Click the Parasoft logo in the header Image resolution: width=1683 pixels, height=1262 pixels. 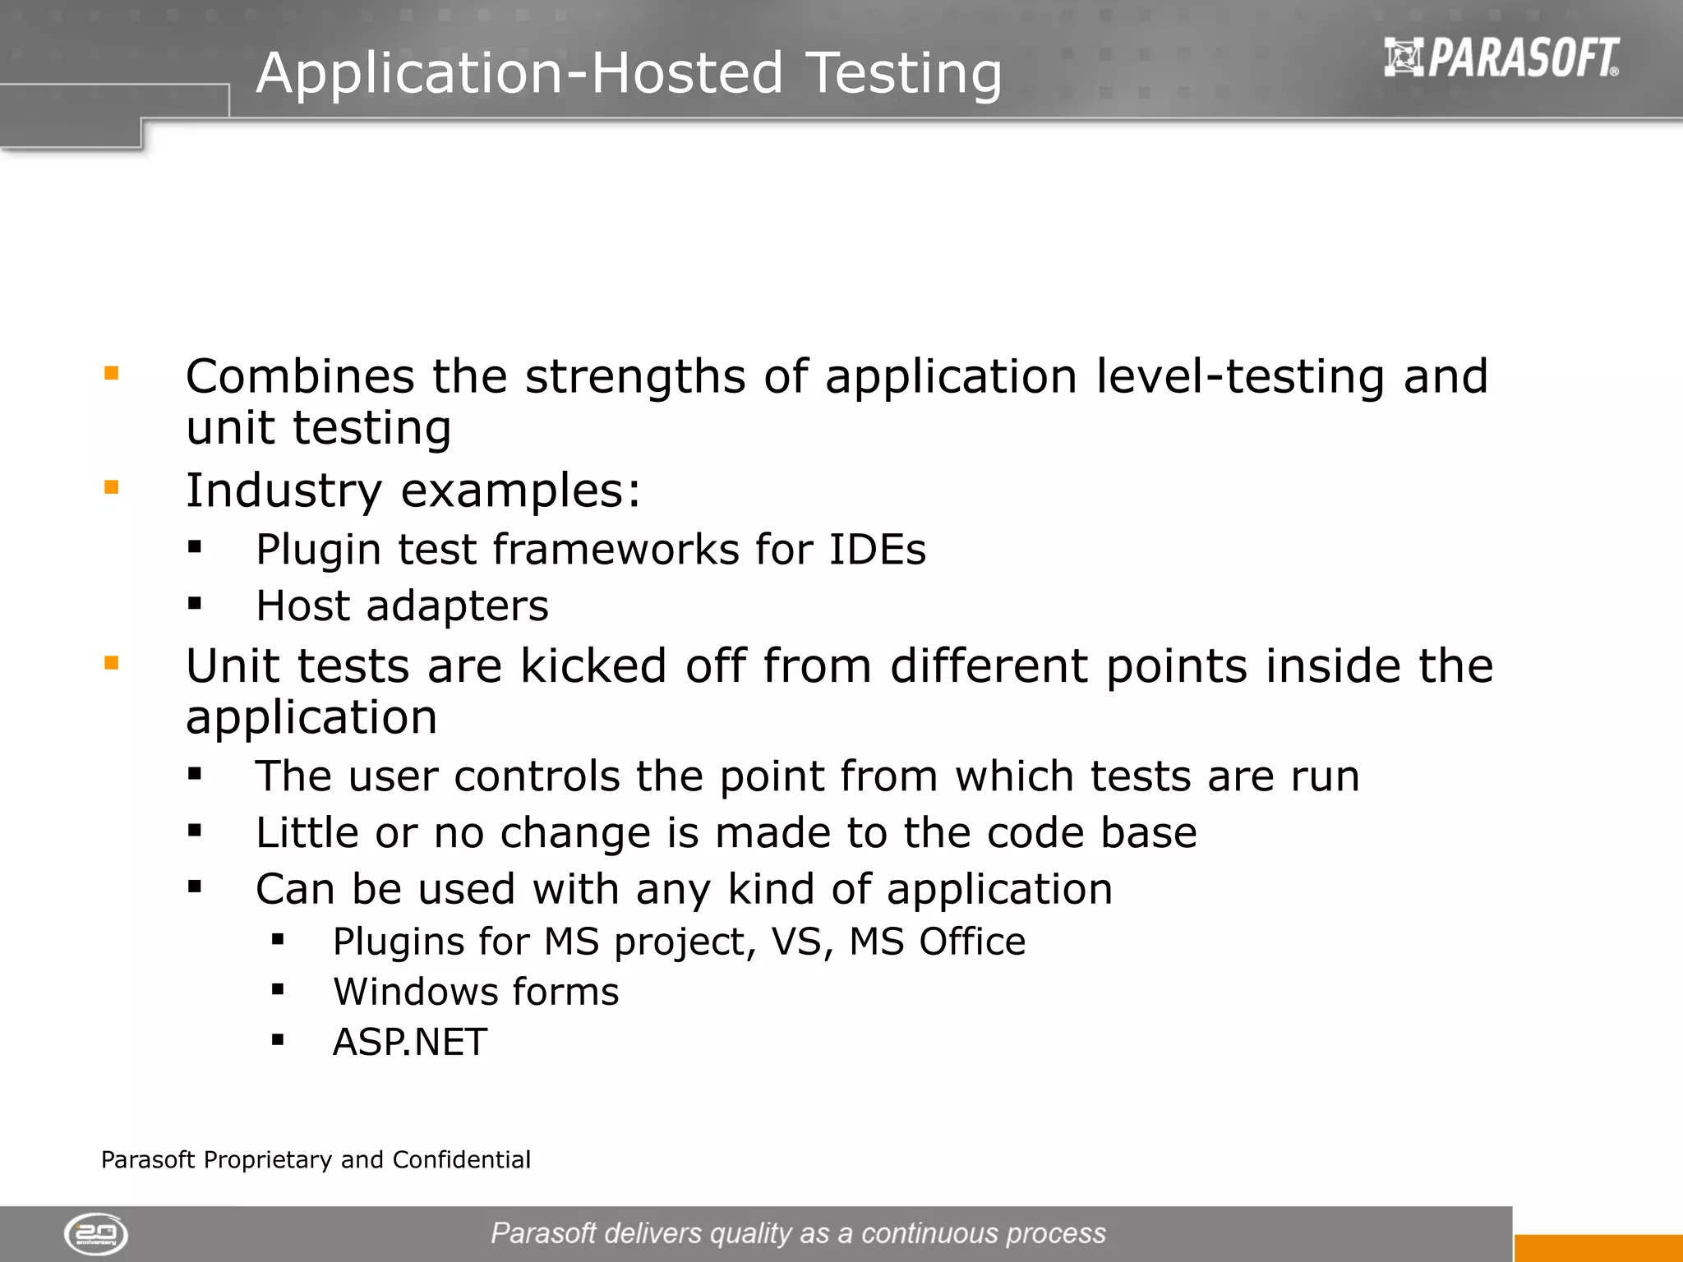tap(1501, 58)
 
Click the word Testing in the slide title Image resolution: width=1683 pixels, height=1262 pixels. tap(903, 74)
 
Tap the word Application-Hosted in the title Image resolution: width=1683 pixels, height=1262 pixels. tap(519, 74)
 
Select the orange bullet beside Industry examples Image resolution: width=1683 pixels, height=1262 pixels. tap(112, 488)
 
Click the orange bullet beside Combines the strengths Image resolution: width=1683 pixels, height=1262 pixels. tap(112, 375)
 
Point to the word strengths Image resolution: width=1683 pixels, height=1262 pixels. tap(634, 378)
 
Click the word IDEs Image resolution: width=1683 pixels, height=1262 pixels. tap(877, 550)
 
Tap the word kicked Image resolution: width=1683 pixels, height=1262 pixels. tap(593, 666)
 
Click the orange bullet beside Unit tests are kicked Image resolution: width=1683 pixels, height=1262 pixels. tap(112, 663)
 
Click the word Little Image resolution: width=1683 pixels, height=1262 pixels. tap(307, 832)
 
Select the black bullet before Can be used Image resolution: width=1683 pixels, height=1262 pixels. tap(195, 887)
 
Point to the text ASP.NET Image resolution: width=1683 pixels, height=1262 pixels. tap(409, 1042)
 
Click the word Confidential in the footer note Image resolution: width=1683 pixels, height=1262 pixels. tap(461, 1159)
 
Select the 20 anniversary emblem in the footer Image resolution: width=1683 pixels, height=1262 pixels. tap(96, 1234)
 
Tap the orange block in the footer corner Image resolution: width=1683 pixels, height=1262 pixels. tap(1598, 1248)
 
